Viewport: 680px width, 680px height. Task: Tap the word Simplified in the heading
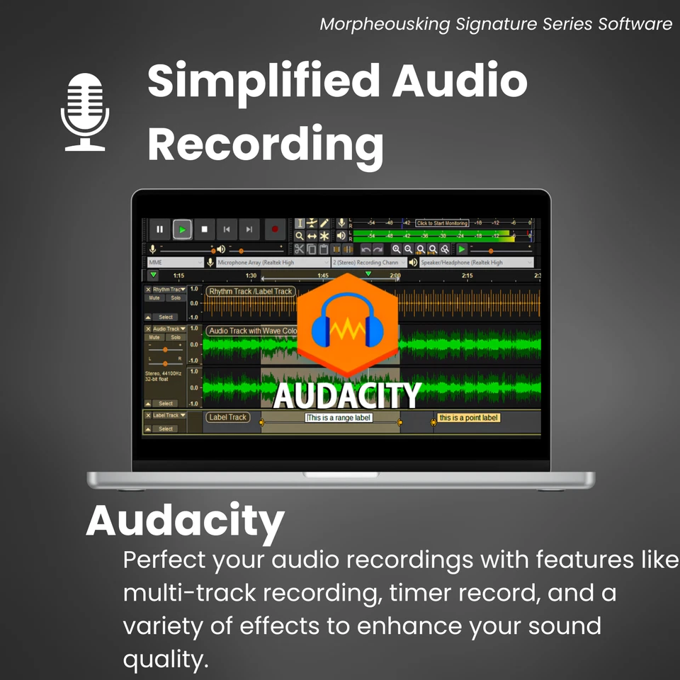tap(263, 81)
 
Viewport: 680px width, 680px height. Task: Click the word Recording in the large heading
tap(266, 144)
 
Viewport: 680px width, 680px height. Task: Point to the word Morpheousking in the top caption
tap(384, 24)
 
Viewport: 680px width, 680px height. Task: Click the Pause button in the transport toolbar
tap(159, 229)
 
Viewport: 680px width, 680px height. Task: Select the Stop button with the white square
tap(204, 229)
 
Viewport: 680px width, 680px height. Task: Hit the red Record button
tap(274, 229)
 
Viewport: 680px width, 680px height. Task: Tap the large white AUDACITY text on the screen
tap(347, 395)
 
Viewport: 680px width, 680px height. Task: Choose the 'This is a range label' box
tap(339, 418)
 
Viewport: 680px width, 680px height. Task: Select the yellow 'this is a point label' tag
tap(468, 418)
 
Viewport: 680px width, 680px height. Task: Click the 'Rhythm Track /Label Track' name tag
tap(250, 291)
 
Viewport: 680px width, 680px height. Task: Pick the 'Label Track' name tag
tap(227, 417)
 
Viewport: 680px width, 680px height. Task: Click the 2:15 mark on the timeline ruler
tap(467, 276)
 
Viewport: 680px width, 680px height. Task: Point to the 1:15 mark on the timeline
tap(178, 276)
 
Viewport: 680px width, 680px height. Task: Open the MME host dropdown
tap(174, 262)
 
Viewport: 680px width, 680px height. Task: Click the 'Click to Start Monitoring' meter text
tap(442, 223)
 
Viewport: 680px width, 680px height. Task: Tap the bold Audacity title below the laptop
tap(185, 521)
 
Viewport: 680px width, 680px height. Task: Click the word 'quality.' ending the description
tap(166, 659)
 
